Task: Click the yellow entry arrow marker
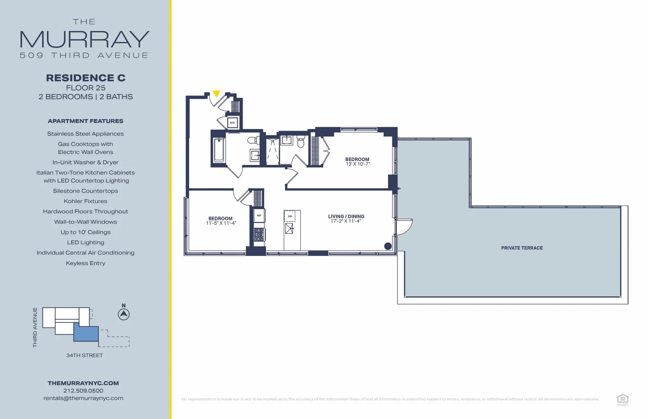coord(216,94)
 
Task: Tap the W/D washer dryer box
coord(232,123)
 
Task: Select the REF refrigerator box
coord(259,216)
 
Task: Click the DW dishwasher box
coord(290,216)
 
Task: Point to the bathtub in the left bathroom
coord(219,150)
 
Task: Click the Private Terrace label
coord(522,248)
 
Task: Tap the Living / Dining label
coord(346,216)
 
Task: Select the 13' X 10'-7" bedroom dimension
coord(358,164)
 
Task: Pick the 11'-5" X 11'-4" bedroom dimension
coord(221,223)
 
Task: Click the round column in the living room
coord(388,246)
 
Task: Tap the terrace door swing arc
coord(405,227)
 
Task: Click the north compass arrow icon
coord(124,314)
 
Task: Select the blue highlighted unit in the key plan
coord(86,334)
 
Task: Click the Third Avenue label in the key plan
coord(35,327)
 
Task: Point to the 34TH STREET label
coord(84,355)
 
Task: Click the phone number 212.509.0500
coord(83,391)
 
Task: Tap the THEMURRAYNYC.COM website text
coord(83,383)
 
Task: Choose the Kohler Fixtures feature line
coord(85,201)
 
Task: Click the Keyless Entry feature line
coord(85,263)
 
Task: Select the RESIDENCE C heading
coord(86,78)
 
